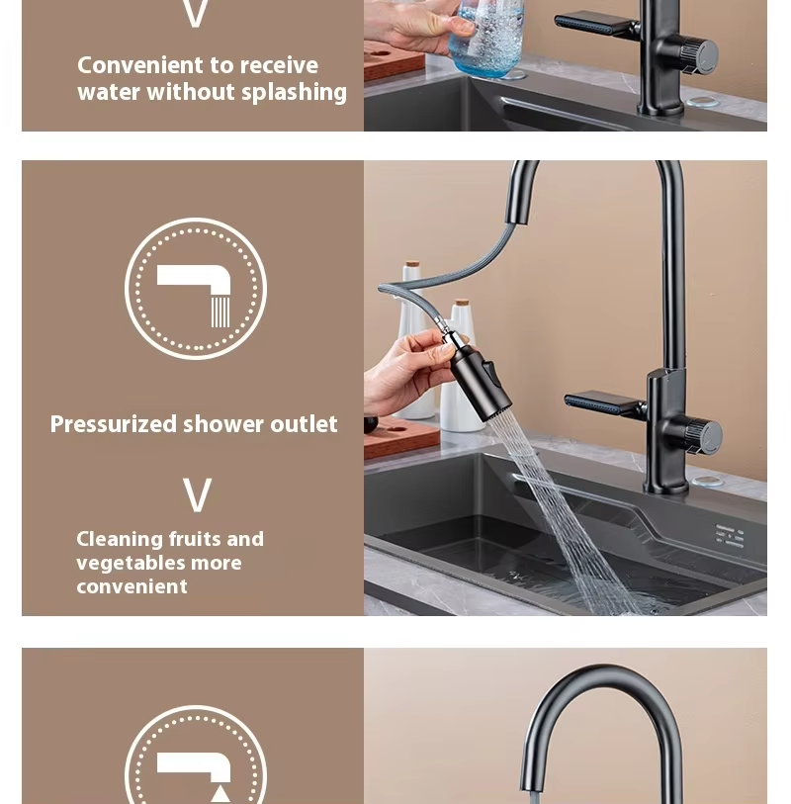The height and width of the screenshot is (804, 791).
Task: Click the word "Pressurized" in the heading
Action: pyautogui.click(x=112, y=425)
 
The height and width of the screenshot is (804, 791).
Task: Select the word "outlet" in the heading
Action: pyautogui.click(x=304, y=425)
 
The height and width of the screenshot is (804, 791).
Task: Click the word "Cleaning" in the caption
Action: pyautogui.click(x=120, y=540)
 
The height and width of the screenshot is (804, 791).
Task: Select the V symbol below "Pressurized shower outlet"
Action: pyautogui.click(x=197, y=495)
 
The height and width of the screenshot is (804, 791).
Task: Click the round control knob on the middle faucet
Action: pyautogui.click(x=703, y=436)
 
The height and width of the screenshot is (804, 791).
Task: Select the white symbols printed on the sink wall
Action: pyautogui.click(x=730, y=536)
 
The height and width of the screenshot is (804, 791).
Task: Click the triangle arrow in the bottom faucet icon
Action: pyautogui.click(x=220, y=793)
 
